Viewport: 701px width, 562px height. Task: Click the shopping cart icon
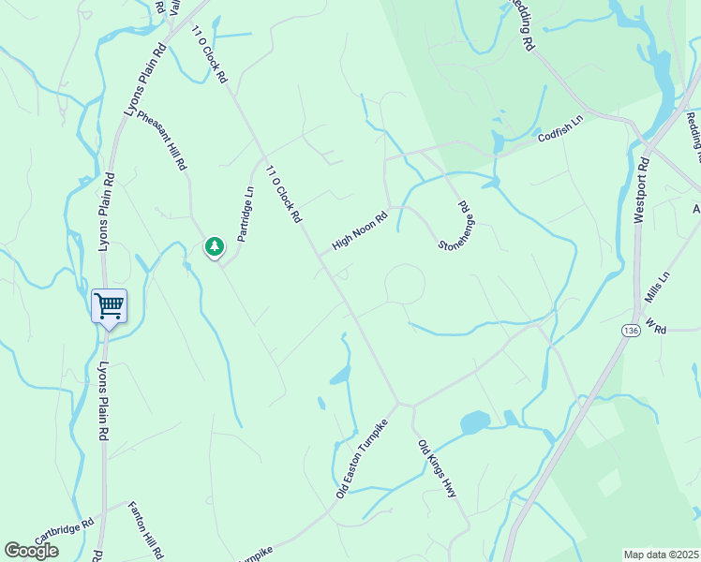109,305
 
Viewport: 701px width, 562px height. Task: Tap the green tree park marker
215,246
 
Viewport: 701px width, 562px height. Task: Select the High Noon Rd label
360,230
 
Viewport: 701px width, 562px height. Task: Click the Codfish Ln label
560,129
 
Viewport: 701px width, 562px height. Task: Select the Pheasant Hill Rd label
162,141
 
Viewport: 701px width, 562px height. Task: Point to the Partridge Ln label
246,214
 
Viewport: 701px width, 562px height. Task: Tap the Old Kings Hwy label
437,467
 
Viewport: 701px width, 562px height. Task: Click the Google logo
31,550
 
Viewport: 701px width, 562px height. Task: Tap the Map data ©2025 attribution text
661,555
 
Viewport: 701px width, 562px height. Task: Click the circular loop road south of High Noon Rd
405,284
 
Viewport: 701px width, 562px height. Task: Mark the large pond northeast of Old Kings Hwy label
475,421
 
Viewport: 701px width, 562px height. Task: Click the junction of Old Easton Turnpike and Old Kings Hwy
401,405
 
